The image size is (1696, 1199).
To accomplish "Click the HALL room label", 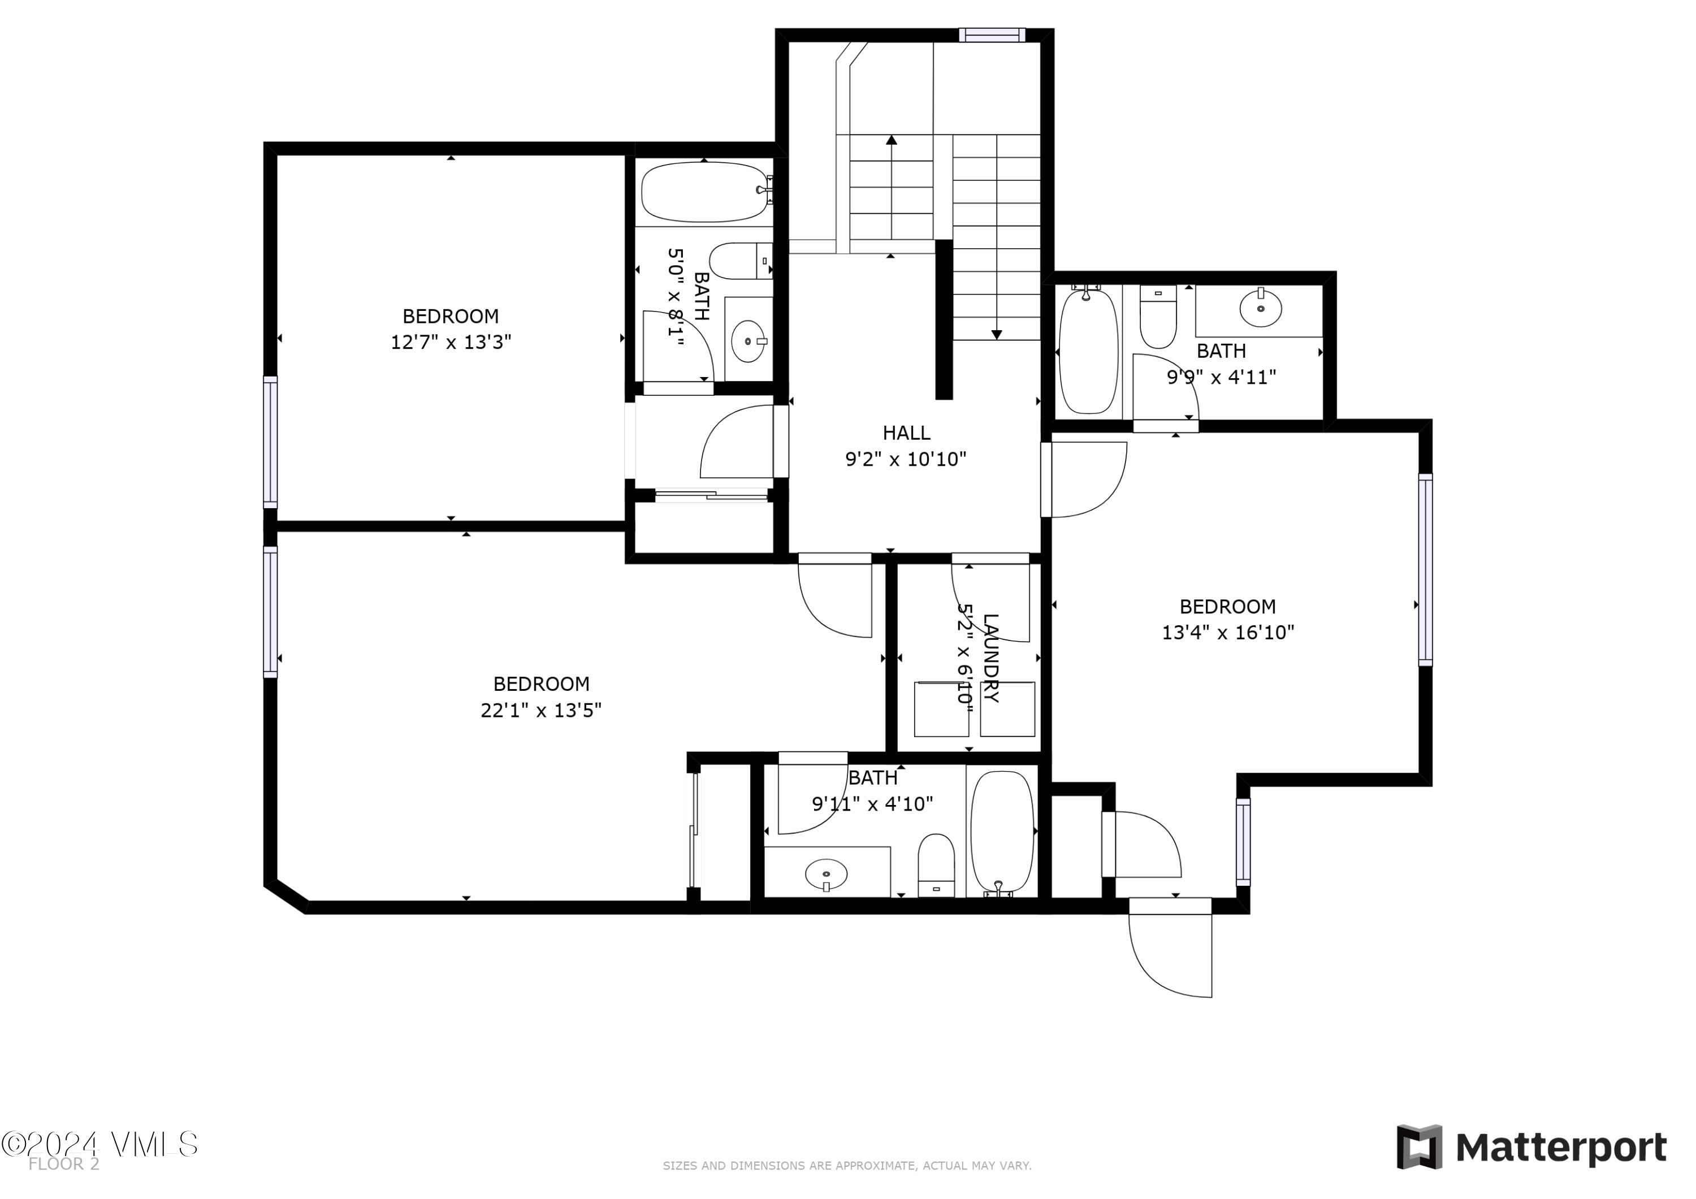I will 906,433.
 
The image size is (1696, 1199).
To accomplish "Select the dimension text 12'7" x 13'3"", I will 451,342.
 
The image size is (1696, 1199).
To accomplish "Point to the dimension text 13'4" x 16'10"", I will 1228,633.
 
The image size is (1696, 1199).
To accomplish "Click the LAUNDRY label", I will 990,657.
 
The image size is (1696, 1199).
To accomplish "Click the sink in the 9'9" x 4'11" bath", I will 1260,308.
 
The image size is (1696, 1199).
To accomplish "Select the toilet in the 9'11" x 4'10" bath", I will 936,865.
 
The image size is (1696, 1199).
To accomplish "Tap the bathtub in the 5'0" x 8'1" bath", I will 705,192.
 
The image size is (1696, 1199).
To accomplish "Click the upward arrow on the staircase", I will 892,140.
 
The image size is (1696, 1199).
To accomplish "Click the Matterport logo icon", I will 1419,1148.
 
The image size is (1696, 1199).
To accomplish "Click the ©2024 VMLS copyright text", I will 99,1144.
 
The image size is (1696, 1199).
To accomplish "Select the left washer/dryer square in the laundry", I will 941,709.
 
